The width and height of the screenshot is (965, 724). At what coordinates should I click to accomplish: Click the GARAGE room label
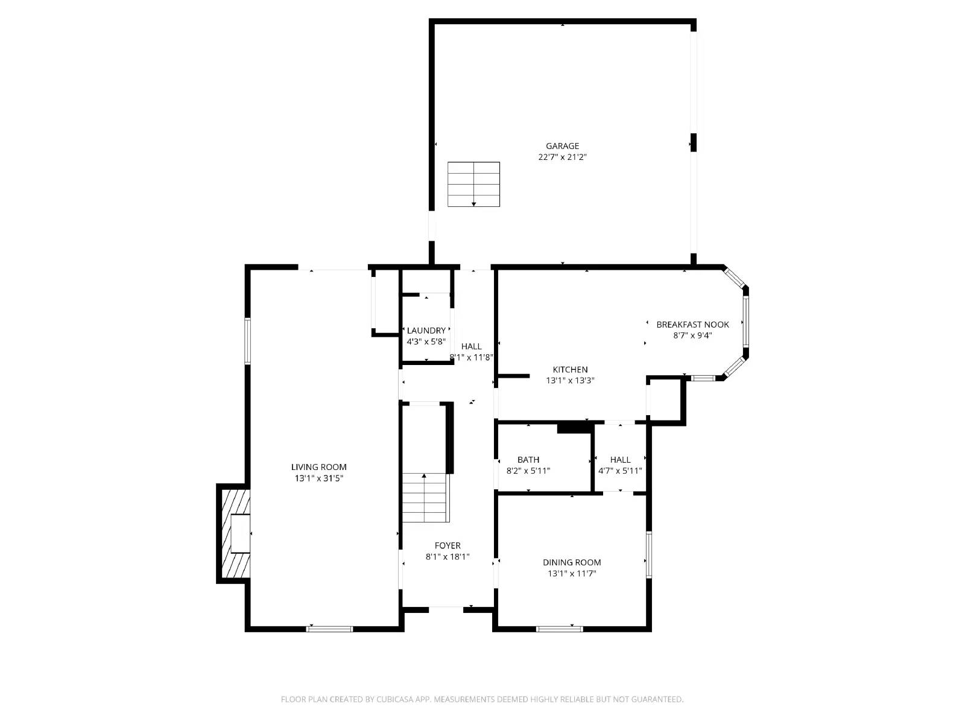click(562, 146)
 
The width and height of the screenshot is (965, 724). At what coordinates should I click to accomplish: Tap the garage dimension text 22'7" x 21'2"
click(562, 157)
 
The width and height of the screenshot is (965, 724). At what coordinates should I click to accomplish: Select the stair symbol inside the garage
click(473, 185)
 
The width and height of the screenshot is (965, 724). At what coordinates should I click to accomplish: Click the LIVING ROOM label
click(318, 467)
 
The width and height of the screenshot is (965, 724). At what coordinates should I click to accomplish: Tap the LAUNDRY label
click(426, 331)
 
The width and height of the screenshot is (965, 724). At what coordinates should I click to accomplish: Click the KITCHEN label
click(570, 370)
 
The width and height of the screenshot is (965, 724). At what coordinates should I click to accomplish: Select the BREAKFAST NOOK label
click(692, 325)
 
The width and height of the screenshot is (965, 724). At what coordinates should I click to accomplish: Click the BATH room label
click(528, 460)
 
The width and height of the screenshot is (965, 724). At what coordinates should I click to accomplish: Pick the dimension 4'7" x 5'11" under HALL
click(620, 471)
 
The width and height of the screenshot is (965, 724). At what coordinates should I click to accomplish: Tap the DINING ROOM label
click(571, 562)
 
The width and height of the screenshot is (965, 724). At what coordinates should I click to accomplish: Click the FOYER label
click(447, 546)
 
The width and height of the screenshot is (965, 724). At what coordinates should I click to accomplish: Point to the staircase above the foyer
click(425, 497)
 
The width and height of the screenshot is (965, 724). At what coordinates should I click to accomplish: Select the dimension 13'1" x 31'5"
click(318, 478)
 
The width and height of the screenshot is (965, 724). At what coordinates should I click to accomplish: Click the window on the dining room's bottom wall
click(560, 629)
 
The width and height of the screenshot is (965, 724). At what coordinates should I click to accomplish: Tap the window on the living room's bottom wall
click(329, 629)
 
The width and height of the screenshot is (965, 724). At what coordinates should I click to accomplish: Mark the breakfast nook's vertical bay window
click(745, 321)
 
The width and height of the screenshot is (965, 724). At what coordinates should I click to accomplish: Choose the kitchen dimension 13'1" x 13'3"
click(570, 381)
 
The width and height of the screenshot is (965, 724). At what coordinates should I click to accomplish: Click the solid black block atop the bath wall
click(575, 428)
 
